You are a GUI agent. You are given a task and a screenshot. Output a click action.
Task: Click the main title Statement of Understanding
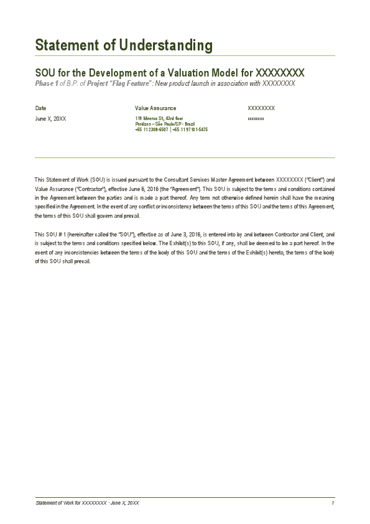click(124, 45)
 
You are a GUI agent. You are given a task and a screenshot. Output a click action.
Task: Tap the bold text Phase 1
click(47, 83)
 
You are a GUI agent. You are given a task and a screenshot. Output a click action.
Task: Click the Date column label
click(40, 108)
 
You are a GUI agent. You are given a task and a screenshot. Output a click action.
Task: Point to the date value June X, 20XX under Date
click(50, 118)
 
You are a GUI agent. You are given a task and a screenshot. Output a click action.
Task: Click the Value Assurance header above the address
click(155, 108)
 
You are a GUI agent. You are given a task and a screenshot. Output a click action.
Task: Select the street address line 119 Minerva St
click(159, 118)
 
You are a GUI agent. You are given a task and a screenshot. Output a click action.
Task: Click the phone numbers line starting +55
click(171, 129)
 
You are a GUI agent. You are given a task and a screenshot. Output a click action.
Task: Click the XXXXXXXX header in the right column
click(261, 108)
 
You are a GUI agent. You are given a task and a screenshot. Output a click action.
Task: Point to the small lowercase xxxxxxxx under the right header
click(256, 118)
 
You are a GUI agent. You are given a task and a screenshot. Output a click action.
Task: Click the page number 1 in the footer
click(333, 503)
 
